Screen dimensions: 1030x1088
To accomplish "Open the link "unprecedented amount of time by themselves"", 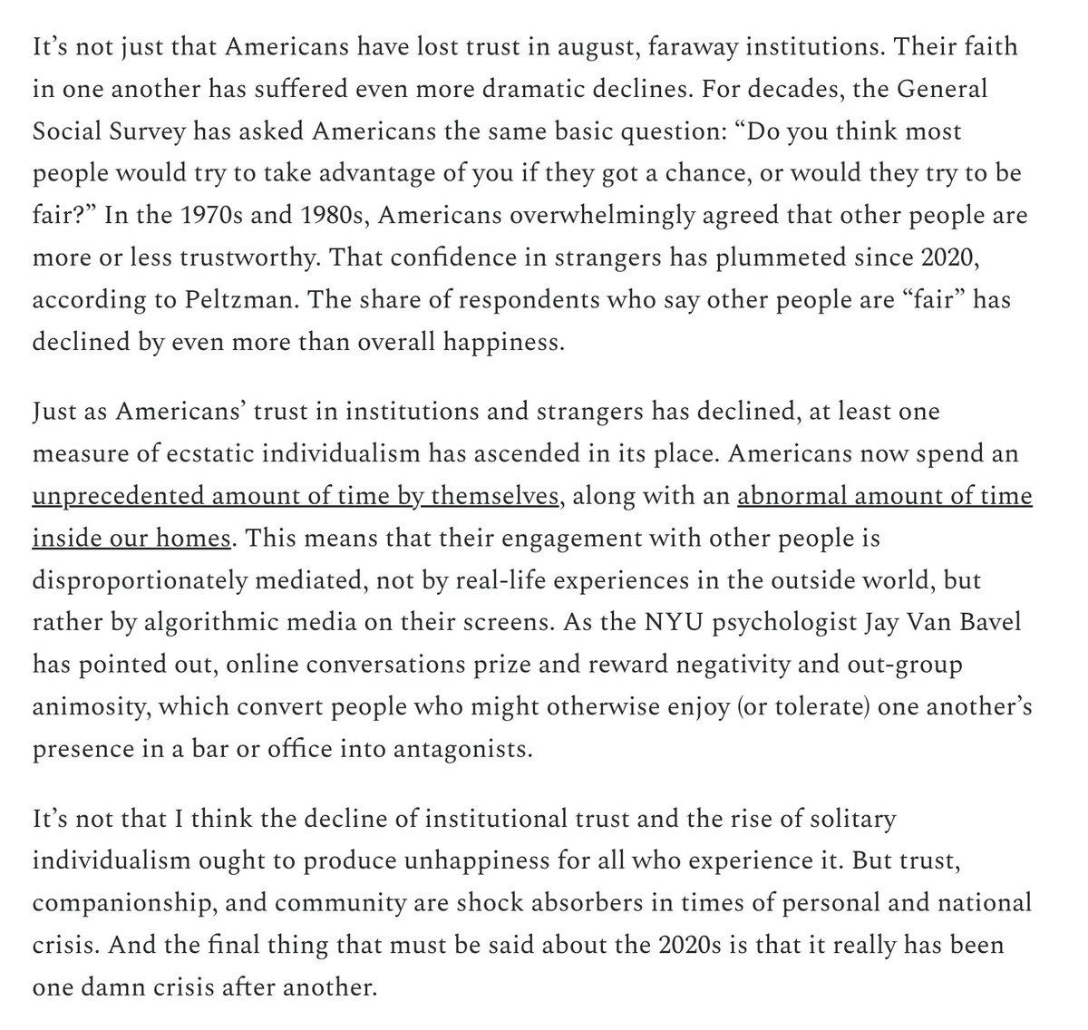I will pos(295,497).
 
